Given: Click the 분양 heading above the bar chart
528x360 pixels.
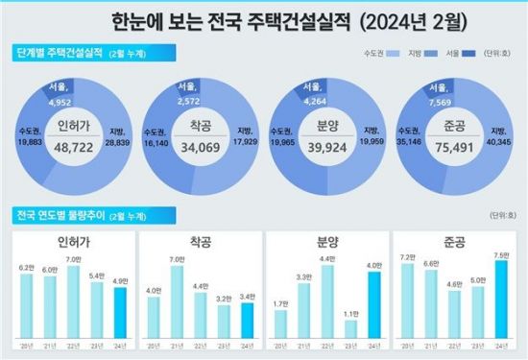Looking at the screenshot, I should point(326,240).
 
